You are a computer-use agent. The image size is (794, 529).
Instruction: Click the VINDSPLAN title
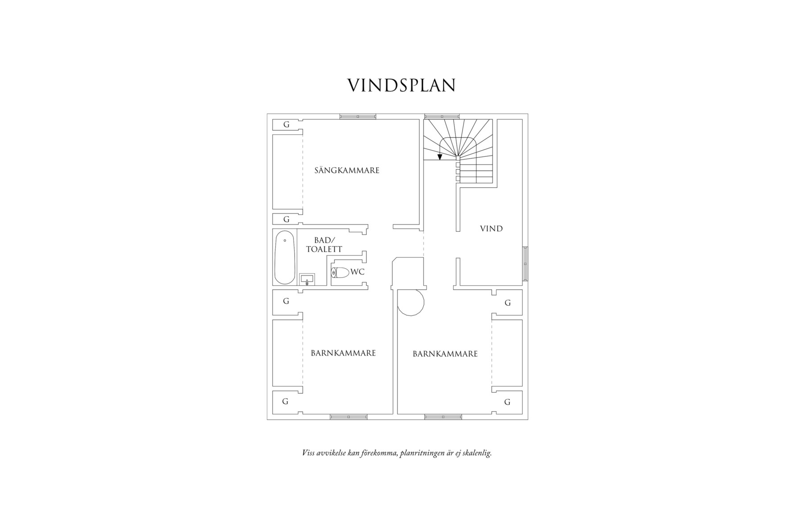[401, 85]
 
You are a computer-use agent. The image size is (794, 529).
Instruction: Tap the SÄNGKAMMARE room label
[347, 170]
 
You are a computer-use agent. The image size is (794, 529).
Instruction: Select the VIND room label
[491, 229]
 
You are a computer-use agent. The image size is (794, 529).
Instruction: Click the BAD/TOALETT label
[324, 245]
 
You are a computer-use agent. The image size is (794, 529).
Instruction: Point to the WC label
[357, 271]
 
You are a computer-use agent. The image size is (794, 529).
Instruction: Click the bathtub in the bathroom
[285, 257]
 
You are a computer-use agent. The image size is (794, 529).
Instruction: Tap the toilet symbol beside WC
[340, 272]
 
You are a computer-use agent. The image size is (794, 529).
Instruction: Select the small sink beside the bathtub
[307, 279]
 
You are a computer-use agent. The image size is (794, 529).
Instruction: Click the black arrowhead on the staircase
[440, 157]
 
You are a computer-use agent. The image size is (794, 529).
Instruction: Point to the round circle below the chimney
[410, 303]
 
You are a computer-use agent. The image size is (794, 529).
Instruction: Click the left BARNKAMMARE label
[343, 353]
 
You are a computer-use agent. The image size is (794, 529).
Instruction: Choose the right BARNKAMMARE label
[445, 354]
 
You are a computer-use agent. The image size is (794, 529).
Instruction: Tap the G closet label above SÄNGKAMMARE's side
[286, 125]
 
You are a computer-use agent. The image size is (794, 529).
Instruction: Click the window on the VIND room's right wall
[525, 263]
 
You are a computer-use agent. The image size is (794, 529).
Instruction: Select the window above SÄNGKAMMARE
[358, 116]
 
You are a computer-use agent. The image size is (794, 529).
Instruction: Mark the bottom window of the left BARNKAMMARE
[348, 417]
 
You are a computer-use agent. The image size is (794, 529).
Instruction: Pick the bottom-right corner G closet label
[507, 402]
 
